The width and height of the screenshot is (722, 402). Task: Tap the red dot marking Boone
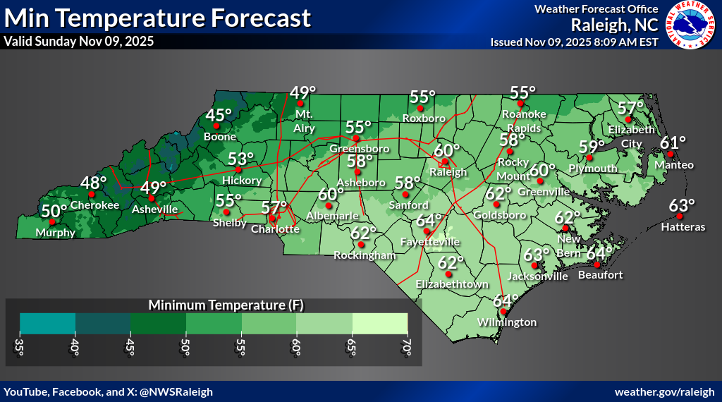pos(217,126)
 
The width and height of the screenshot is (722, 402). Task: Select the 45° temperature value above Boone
pos(219,115)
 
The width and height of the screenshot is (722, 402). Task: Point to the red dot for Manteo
pos(671,154)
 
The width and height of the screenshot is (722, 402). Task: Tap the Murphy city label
pos(56,232)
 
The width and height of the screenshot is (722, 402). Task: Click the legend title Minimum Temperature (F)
pos(214,305)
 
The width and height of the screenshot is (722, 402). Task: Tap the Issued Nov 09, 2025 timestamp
pos(574,42)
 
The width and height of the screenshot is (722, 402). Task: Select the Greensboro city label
pos(356,149)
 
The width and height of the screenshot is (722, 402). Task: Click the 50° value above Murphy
pos(54,210)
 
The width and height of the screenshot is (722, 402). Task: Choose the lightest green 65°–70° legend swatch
pos(379,323)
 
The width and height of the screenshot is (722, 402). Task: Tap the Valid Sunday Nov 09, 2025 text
pos(79,41)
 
